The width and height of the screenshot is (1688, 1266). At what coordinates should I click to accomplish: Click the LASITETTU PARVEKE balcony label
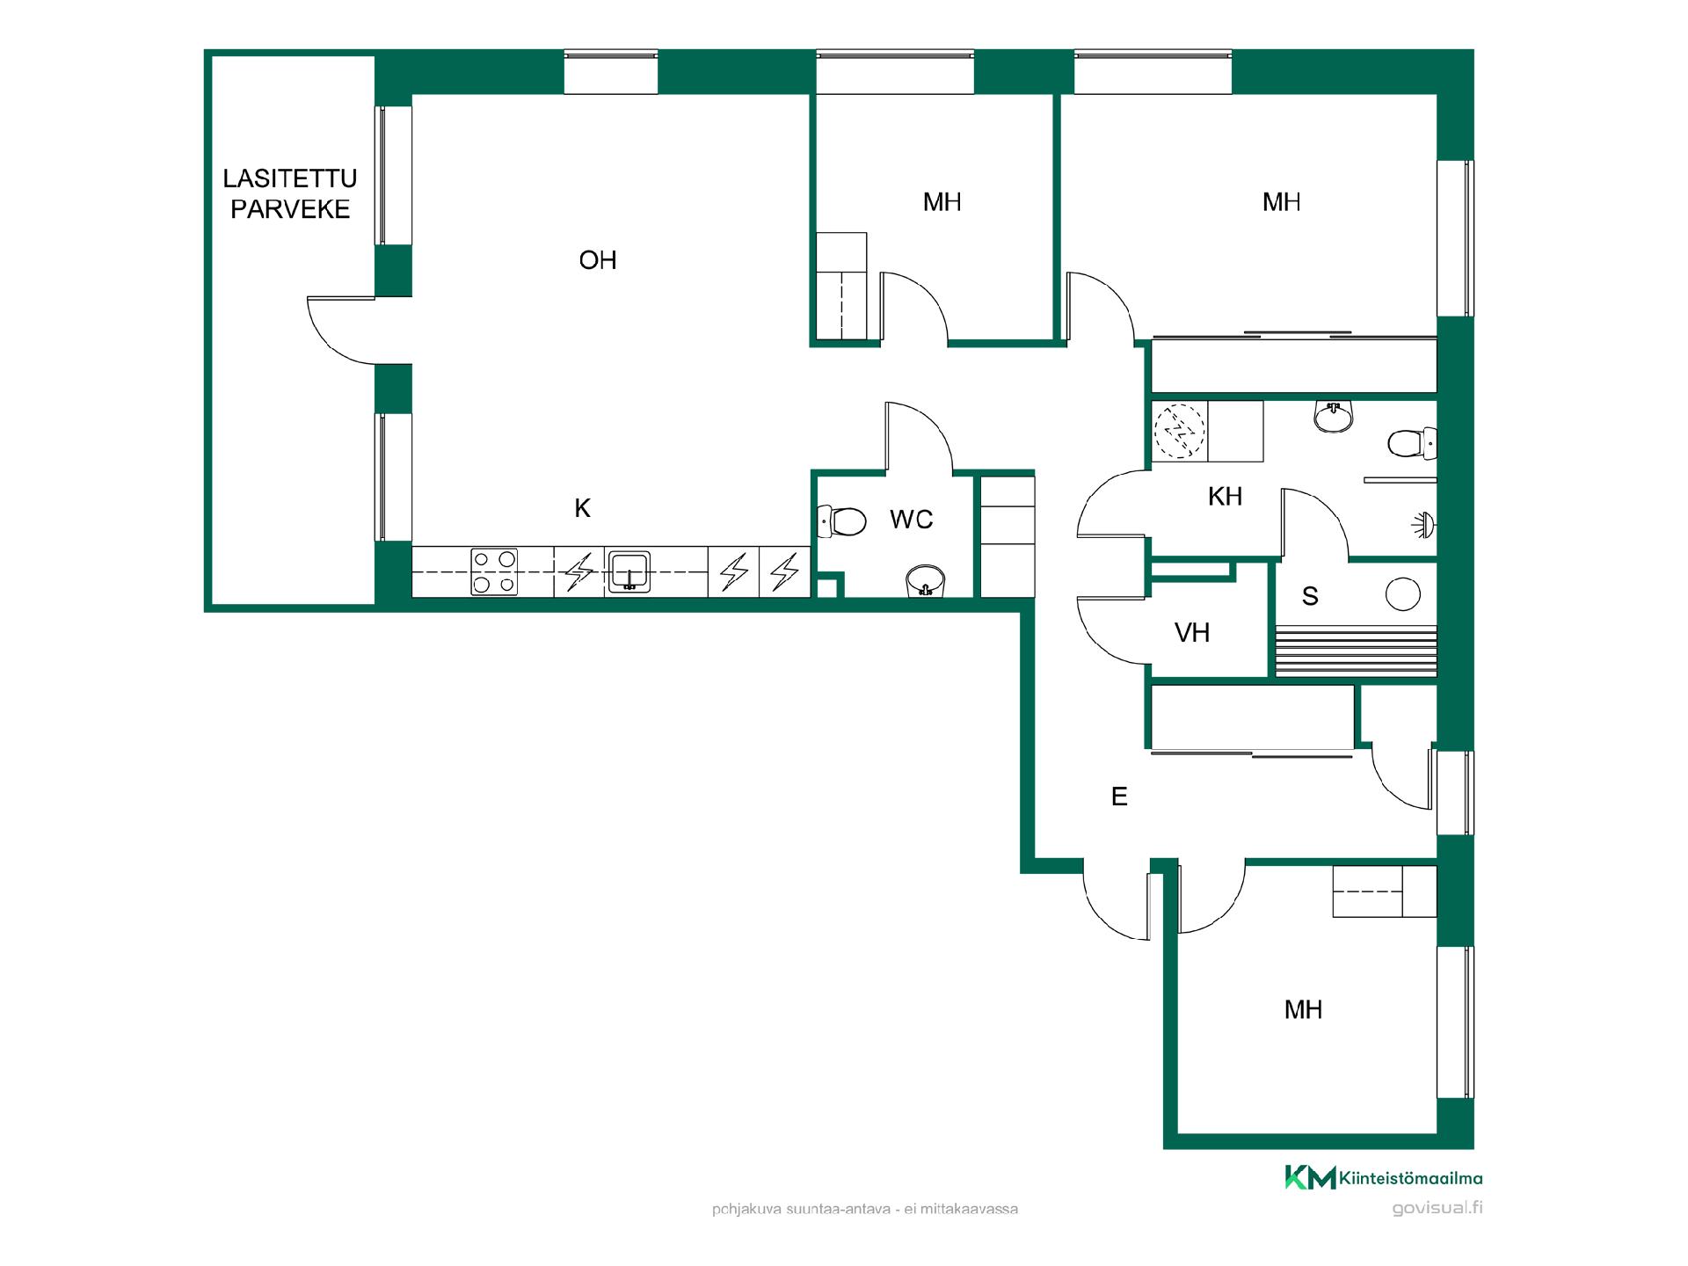(x=290, y=193)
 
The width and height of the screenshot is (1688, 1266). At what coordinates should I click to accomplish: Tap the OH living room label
(x=598, y=260)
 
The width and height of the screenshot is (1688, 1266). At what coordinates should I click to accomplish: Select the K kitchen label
(x=582, y=508)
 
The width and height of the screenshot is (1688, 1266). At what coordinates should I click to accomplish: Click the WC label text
(x=911, y=520)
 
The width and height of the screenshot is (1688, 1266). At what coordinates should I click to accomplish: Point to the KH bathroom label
(x=1225, y=497)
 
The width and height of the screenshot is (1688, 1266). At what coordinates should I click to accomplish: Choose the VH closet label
(x=1192, y=633)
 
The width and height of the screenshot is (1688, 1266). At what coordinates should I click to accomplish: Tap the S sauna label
(x=1310, y=597)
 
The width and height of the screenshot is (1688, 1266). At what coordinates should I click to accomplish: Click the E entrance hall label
(x=1119, y=797)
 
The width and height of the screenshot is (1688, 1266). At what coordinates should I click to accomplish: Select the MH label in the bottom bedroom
(x=1303, y=1009)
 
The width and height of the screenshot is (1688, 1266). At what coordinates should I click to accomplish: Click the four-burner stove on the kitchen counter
(x=494, y=572)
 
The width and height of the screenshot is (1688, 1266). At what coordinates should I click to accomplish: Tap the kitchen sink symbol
(x=629, y=571)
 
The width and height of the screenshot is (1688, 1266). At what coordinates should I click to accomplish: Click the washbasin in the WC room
(x=925, y=581)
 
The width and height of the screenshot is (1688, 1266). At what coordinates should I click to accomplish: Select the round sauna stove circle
(x=1402, y=594)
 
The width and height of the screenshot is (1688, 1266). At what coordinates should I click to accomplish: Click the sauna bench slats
(x=1356, y=651)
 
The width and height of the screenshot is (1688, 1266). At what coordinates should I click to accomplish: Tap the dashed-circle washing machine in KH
(x=1179, y=431)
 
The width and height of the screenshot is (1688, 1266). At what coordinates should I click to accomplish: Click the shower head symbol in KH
(x=1424, y=526)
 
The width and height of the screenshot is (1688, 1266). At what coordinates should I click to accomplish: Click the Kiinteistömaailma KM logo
(x=1384, y=1178)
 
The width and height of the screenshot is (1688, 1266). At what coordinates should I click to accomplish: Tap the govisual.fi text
(x=1437, y=1208)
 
